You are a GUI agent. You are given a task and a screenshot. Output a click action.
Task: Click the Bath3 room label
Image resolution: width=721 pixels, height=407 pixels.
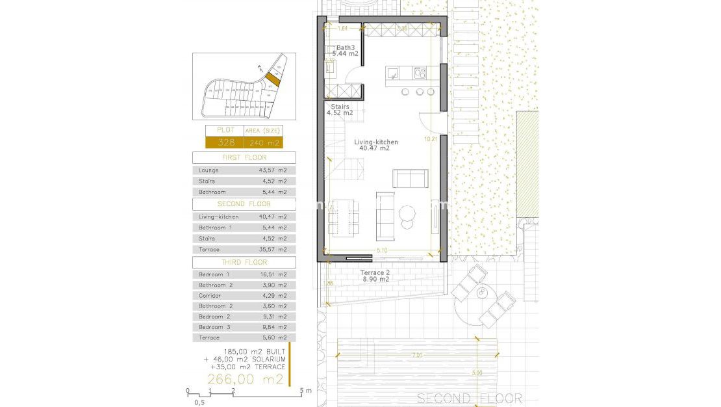(346, 48)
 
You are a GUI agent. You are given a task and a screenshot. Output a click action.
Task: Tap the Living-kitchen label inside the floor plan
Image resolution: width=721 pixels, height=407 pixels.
(375, 142)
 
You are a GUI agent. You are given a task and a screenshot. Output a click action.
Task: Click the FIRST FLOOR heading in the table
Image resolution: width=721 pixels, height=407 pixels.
(244, 157)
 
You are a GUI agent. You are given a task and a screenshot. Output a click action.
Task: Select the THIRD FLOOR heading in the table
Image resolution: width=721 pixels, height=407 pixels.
(244, 262)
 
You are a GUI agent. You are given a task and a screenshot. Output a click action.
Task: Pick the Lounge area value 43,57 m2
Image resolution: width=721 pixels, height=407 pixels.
(272, 170)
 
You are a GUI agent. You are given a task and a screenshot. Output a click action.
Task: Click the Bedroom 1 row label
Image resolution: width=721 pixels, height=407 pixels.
(214, 275)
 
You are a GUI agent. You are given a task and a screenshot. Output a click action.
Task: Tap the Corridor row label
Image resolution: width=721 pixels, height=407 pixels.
(210, 296)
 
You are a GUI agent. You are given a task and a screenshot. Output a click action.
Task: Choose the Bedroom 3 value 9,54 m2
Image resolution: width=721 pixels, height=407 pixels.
(272, 327)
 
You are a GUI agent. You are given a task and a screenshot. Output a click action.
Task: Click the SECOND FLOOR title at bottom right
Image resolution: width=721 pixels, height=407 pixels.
(469, 398)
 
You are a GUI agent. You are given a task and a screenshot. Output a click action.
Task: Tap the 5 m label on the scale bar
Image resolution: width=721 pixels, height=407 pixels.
(305, 391)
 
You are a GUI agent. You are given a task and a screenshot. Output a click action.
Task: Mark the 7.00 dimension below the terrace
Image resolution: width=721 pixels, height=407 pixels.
(416, 356)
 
